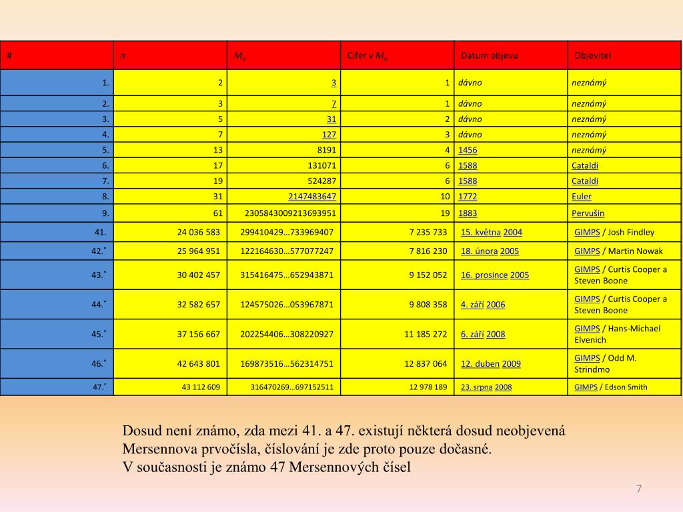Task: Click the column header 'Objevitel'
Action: (x=592, y=55)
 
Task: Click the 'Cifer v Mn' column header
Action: (x=368, y=56)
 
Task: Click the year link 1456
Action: (x=468, y=150)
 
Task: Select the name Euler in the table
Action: (x=582, y=197)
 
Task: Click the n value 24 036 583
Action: (x=199, y=232)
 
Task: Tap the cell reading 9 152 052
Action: (x=428, y=275)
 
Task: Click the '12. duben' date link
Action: (x=480, y=364)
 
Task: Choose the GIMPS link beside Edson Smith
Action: (x=586, y=387)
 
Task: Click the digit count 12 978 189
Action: (x=428, y=387)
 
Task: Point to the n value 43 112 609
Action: (x=201, y=387)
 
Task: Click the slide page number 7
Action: (x=639, y=489)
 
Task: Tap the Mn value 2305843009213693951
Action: (x=291, y=213)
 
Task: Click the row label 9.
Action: (x=105, y=213)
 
